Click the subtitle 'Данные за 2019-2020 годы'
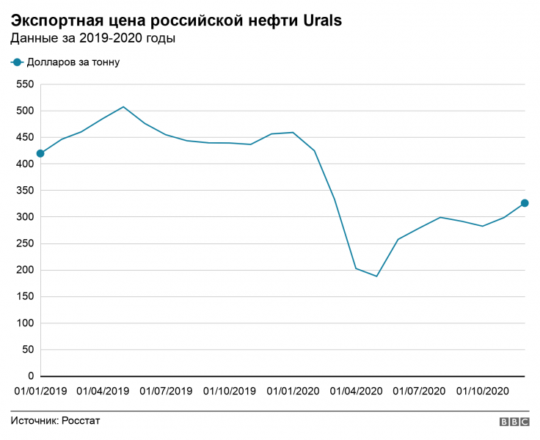[x=93, y=38]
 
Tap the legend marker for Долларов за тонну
[x=17, y=62]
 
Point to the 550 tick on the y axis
[x=26, y=84]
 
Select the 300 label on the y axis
[x=26, y=217]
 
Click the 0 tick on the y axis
[x=32, y=376]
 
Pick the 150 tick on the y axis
[x=26, y=296]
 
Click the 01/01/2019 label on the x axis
[x=40, y=391]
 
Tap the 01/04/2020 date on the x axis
[x=357, y=391]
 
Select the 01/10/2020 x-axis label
[x=483, y=391]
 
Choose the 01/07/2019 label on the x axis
[x=166, y=391]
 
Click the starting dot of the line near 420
[x=40, y=153]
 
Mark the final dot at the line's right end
[x=525, y=203]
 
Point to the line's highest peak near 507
[x=123, y=107]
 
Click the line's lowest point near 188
[x=376, y=276]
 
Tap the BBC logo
[x=514, y=422]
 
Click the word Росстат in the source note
[x=81, y=421]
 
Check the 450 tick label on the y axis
[x=26, y=137]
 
